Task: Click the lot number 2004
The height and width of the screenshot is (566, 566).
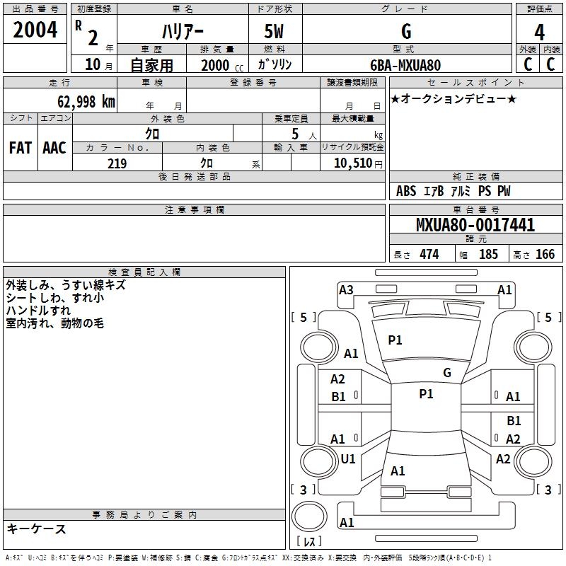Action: [x=35, y=30]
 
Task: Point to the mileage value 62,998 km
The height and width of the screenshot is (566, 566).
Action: [x=81, y=101]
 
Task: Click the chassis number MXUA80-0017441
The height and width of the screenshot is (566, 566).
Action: [x=475, y=226]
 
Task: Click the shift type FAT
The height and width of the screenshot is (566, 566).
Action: [x=20, y=147]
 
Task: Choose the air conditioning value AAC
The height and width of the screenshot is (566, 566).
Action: [x=54, y=147]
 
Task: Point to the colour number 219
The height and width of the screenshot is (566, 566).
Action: [x=117, y=163]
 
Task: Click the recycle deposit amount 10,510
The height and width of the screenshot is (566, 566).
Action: [x=351, y=163]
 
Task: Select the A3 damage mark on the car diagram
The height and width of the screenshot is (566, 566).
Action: [x=346, y=289]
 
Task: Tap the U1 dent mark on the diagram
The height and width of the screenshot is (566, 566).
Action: [x=347, y=459]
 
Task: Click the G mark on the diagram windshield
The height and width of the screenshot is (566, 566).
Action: [x=446, y=373]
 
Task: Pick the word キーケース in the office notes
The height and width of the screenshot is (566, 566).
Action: [x=36, y=529]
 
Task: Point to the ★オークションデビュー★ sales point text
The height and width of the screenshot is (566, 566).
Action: [x=454, y=98]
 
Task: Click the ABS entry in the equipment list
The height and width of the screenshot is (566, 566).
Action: [x=406, y=191]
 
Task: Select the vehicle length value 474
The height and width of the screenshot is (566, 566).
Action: [x=429, y=254]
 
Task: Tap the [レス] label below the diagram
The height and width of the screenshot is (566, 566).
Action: [x=311, y=541]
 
